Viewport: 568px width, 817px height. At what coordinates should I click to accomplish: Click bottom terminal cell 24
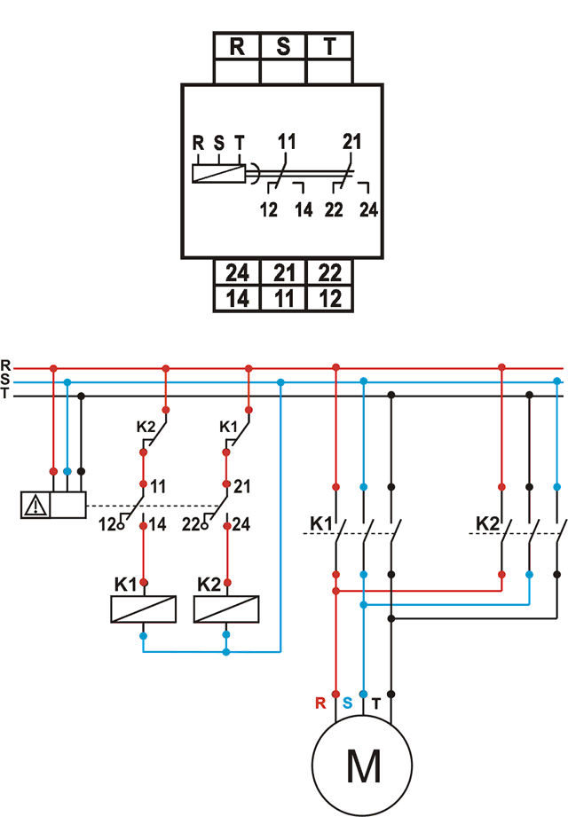(x=237, y=272)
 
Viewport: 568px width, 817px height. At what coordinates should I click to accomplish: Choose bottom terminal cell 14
(x=237, y=299)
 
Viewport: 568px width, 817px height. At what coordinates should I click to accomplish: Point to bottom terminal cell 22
(x=330, y=272)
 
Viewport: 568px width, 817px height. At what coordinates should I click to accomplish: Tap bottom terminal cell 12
(x=330, y=299)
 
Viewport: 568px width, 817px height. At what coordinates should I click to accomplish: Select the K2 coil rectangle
(x=226, y=609)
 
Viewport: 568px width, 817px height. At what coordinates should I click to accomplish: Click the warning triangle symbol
(x=35, y=506)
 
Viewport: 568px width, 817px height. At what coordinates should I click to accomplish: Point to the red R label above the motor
(x=321, y=703)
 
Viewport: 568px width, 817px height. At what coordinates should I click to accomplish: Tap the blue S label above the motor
(x=348, y=703)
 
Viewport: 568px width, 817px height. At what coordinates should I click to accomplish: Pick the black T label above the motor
(x=376, y=703)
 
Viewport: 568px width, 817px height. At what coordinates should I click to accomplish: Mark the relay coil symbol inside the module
(x=218, y=173)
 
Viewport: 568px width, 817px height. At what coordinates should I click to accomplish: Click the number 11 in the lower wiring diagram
(x=158, y=487)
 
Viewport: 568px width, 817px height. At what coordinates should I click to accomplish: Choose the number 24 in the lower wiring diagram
(x=241, y=526)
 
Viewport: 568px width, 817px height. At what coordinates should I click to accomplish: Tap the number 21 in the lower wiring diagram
(x=241, y=487)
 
